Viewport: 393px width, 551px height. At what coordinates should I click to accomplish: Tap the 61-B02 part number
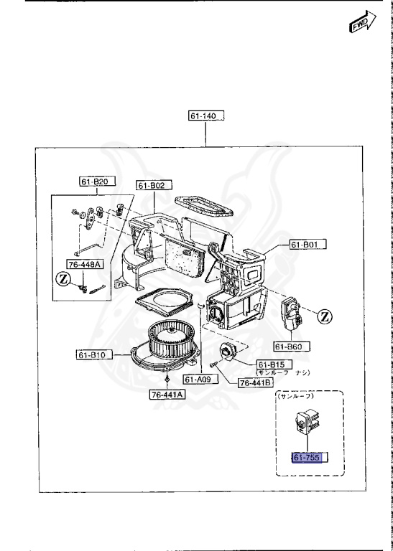tap(152, 186)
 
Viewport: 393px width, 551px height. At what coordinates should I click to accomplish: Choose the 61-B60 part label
tap(300, 346)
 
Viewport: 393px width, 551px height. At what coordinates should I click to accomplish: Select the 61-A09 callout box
tap(197, 379)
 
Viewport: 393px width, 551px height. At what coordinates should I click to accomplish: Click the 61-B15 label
tap(269, 365)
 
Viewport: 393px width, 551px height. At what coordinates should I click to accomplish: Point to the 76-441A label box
tap(167, 394)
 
